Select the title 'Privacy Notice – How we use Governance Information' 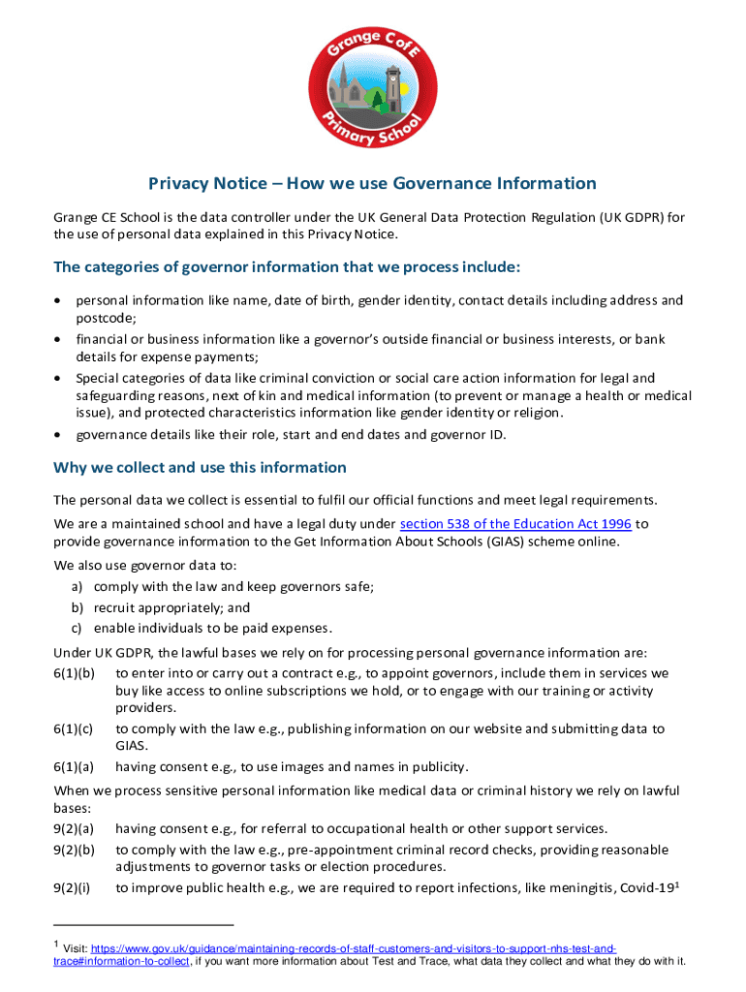pos(372,183)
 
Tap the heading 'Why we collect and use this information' pos(200,467)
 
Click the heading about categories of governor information pos(287,266)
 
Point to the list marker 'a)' pos(76,587)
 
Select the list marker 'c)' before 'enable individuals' pos(76,628)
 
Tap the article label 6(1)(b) pos(74,672)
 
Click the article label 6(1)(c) pos(74,728)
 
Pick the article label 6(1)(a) pos(74,767)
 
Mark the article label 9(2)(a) pos(74,828)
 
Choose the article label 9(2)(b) pos(74,850)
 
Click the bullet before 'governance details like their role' pos(58,434)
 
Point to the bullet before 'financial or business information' pos(58,340)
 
